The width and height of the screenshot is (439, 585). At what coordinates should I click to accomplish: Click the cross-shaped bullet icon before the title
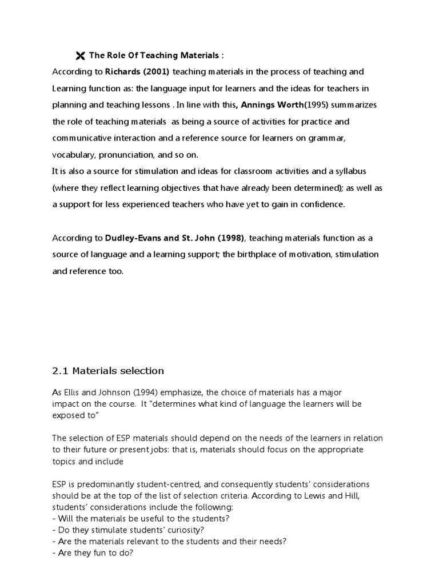(x=79, y=55)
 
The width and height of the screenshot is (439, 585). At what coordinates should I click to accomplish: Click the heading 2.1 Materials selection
(x=108, y=371)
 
